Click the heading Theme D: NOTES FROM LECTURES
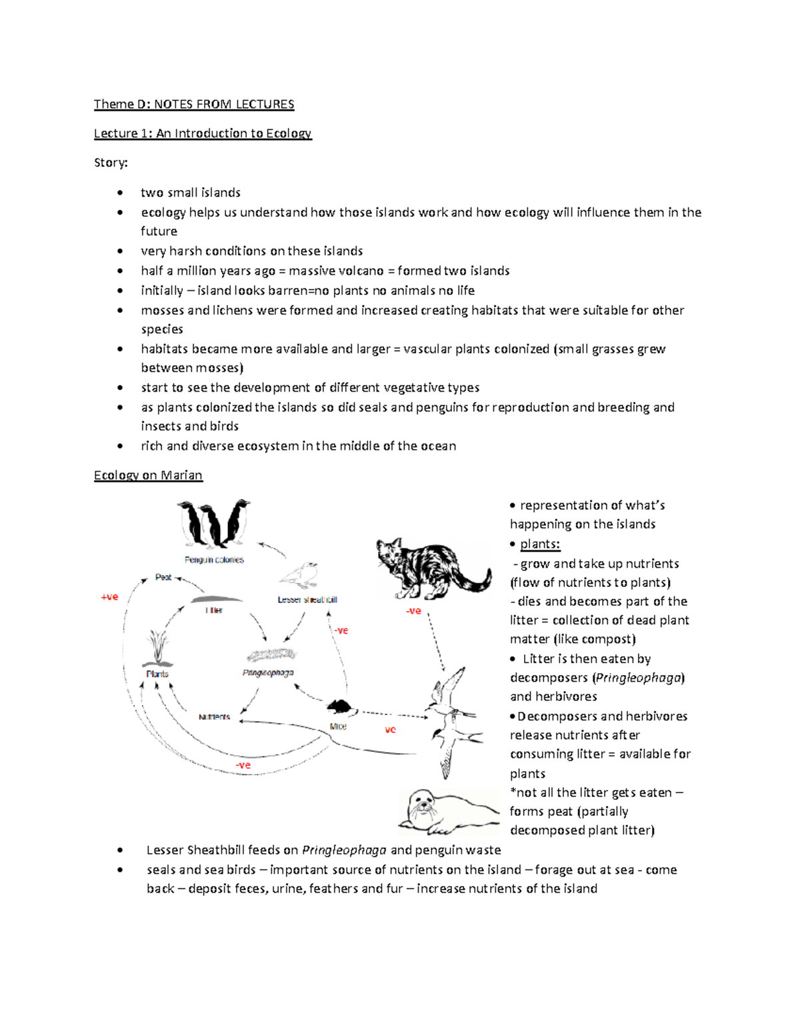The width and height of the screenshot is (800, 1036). click(x=193, y=104)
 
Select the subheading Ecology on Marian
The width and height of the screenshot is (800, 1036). click(x=148, y=475)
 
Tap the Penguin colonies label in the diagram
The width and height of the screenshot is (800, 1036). click(x=214, y=560)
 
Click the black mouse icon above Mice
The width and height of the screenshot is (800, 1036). click(x=338, y=706)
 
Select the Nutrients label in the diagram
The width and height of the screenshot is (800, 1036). click(x=214, y=717)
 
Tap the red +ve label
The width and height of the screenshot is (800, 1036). click(x=109, y=597)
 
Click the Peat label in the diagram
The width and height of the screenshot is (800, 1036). click(x=163, y=577)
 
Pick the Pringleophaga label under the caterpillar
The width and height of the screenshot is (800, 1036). click(x=268, y=673)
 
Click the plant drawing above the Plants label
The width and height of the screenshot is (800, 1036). click(x=158, y=647)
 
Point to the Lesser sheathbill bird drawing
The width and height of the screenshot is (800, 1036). click(x=299, y=575)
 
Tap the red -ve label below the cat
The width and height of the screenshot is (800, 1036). click(x=413, y=610)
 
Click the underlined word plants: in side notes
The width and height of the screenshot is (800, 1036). click(x=540, y=544)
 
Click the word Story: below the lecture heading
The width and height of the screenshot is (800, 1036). click(x=111, y=163)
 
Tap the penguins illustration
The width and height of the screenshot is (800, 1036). click(x=213, y=524)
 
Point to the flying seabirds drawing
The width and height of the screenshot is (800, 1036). click(x=450, y=720)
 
